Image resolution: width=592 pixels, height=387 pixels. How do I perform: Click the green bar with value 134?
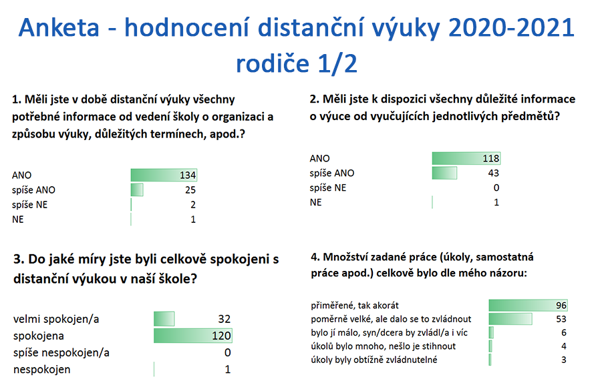(164, 175)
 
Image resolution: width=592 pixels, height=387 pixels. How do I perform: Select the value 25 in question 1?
(190, 190)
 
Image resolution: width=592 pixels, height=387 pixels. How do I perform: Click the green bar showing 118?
(466, 158)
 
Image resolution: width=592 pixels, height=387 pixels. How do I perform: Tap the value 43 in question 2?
(494, 173)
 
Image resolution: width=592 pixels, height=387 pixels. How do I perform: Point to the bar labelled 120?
(193, 336)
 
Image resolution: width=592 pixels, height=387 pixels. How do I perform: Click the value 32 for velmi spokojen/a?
(225, 319)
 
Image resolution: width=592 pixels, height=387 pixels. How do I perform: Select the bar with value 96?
(529, 305)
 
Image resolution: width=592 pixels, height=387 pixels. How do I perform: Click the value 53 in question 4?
(561, 319)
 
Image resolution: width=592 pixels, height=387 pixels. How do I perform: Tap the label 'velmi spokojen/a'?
(56, 320)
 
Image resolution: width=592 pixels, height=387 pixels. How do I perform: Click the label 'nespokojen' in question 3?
(42, 370)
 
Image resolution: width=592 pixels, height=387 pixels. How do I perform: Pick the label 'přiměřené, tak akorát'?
(355, 306)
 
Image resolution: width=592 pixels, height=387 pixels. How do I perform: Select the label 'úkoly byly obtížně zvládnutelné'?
(374, 360)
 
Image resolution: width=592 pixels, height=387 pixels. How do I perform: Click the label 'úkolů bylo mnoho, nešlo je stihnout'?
(384, 346)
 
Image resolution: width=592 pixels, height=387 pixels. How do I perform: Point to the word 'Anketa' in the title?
(59, 28)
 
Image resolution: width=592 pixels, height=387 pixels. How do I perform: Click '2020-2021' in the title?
(512, 28)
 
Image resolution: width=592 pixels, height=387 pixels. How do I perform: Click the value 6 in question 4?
(564, 333)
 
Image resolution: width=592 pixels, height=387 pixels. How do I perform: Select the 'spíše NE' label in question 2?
(327, 188)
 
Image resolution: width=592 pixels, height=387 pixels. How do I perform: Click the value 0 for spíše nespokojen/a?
(227, 353)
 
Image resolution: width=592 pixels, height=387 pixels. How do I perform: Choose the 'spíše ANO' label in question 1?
(33, 190)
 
